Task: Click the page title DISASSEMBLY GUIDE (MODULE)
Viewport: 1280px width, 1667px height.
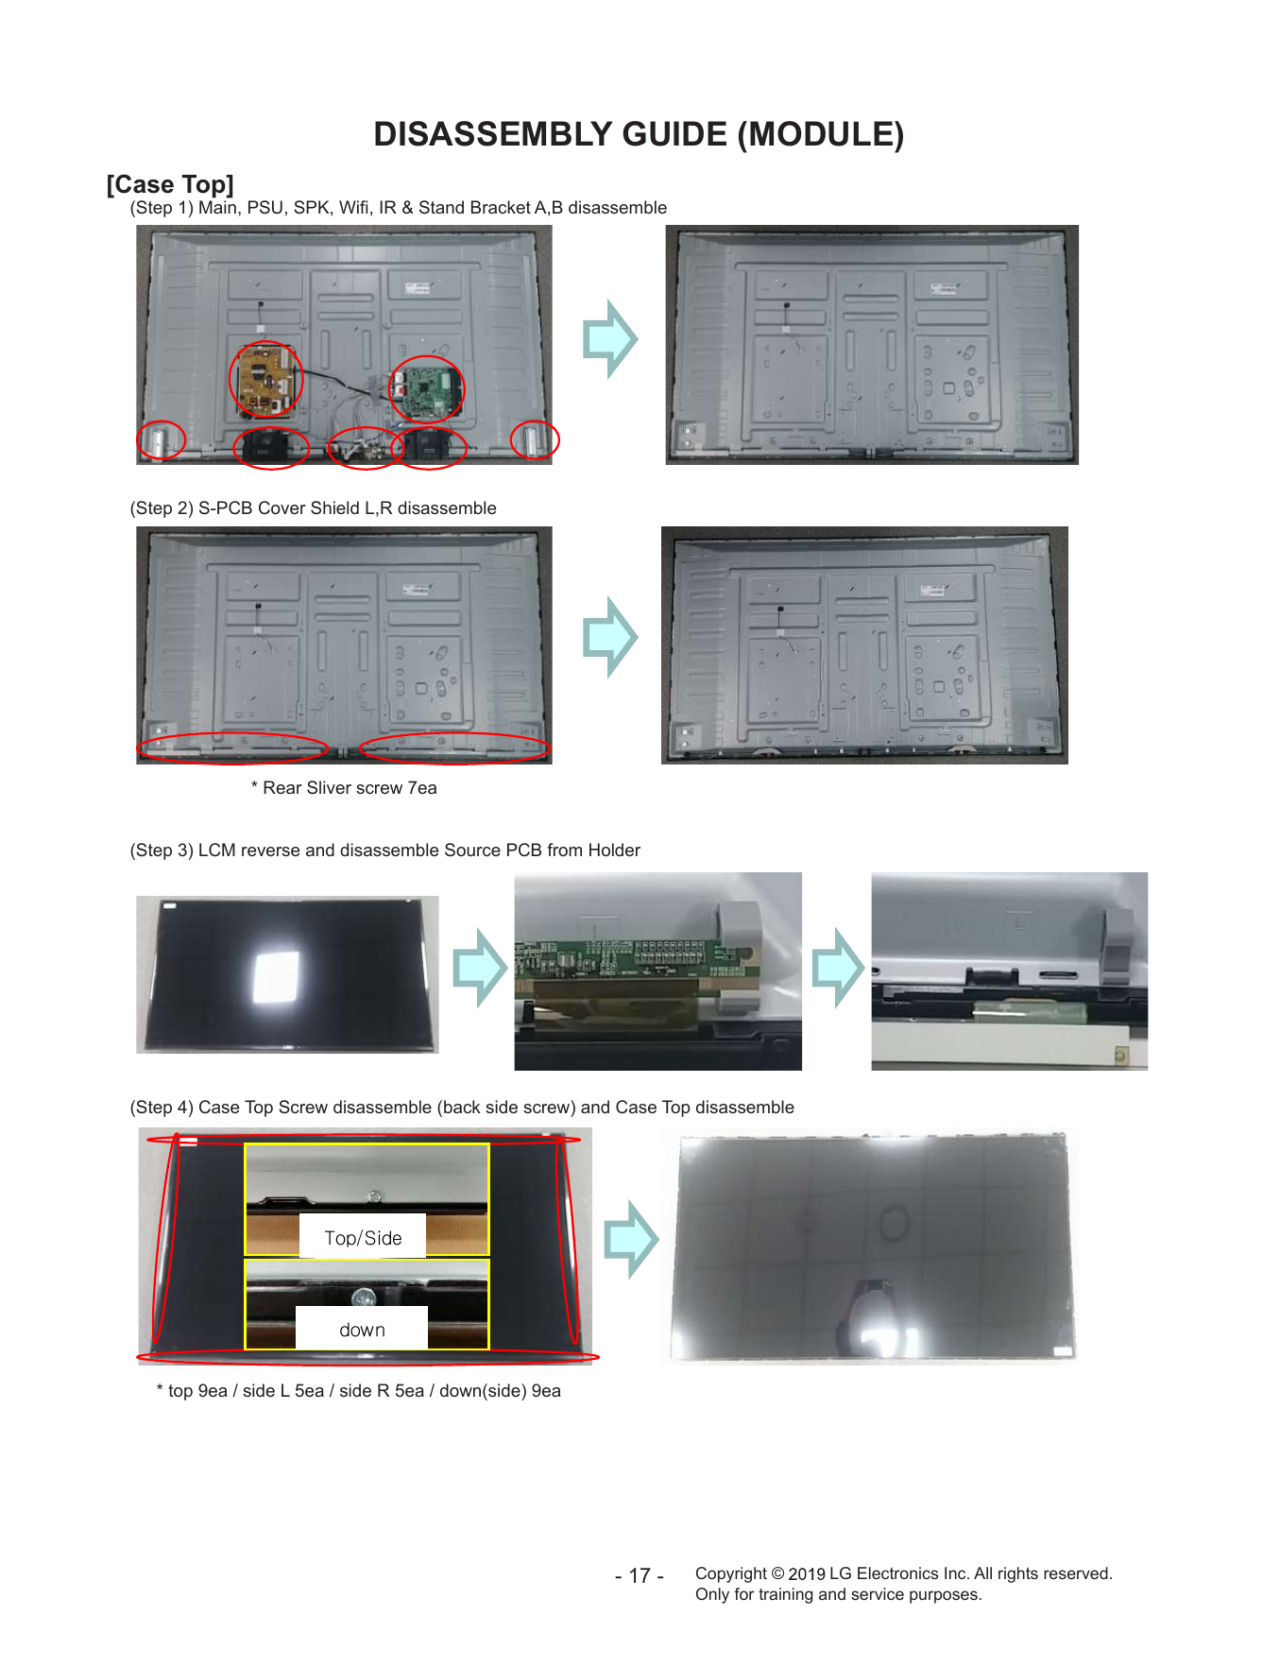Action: pos(639,134)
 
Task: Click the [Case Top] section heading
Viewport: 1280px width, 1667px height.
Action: pos(170,184)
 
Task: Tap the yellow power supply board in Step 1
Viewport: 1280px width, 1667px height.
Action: pos(265,381)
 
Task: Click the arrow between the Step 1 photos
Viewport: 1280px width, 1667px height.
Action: pos(610,339)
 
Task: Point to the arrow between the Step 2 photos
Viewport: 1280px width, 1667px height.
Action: pos(610,637)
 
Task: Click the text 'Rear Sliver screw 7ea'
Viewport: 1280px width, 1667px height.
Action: pos(350,788)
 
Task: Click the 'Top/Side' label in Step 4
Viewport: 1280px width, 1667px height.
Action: pos(363,1238)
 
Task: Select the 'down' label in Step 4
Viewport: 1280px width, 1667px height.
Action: pos(362,1330)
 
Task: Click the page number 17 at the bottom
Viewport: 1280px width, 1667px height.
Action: pos(640,1575)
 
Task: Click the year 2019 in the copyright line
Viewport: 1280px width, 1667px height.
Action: pos(807,1573)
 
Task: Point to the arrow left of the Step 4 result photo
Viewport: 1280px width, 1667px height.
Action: pos(631,1240)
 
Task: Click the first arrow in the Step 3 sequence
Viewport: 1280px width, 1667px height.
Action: pos(480,968)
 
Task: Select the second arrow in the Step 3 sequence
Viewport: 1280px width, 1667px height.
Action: pos(838,968)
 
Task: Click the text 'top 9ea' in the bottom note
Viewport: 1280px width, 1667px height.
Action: pos(198,1391)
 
